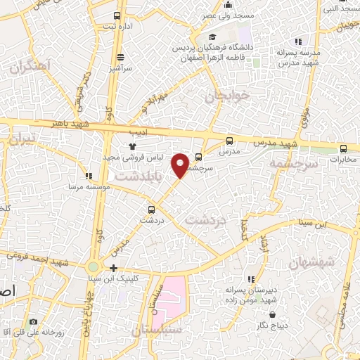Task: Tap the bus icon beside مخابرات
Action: pyautogui.click(x=343, y=148)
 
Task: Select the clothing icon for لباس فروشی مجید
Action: pyautogui.click(x=132, y=146)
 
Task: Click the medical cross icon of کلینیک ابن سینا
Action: pyautogui.click(x=113, y=268)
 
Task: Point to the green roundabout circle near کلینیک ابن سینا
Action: pyautogui.click(x=94, y=267)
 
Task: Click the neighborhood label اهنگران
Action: pyautogui.click(x=32, y=69)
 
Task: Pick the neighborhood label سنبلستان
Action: pyautogui.click(x=156, y=329)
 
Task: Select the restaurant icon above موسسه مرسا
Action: pyautogui.click(x=87, y=176)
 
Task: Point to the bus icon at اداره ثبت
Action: pyautogui.click(x=117, y=15)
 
